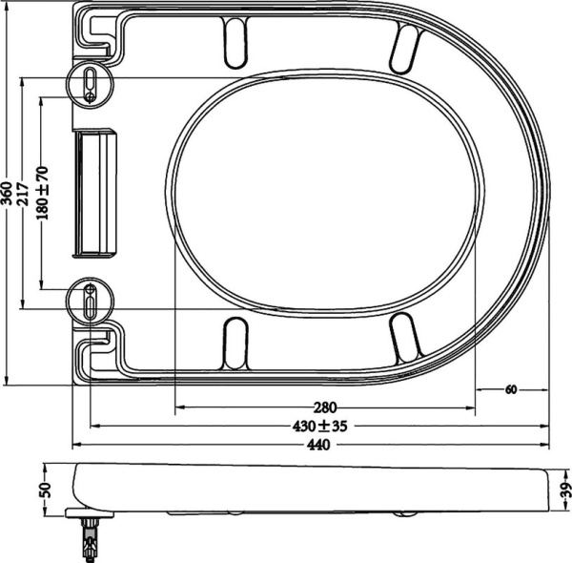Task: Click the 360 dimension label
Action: [x=7, y=195]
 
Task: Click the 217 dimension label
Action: [x=22, y=195]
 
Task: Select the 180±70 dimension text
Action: [x=41, y=195]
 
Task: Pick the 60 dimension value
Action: [x=511, y=389]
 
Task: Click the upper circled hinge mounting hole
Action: [x=89, y=82]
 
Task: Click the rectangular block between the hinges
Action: [x=95, y=193]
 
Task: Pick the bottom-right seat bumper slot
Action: [x=405, y=340]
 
